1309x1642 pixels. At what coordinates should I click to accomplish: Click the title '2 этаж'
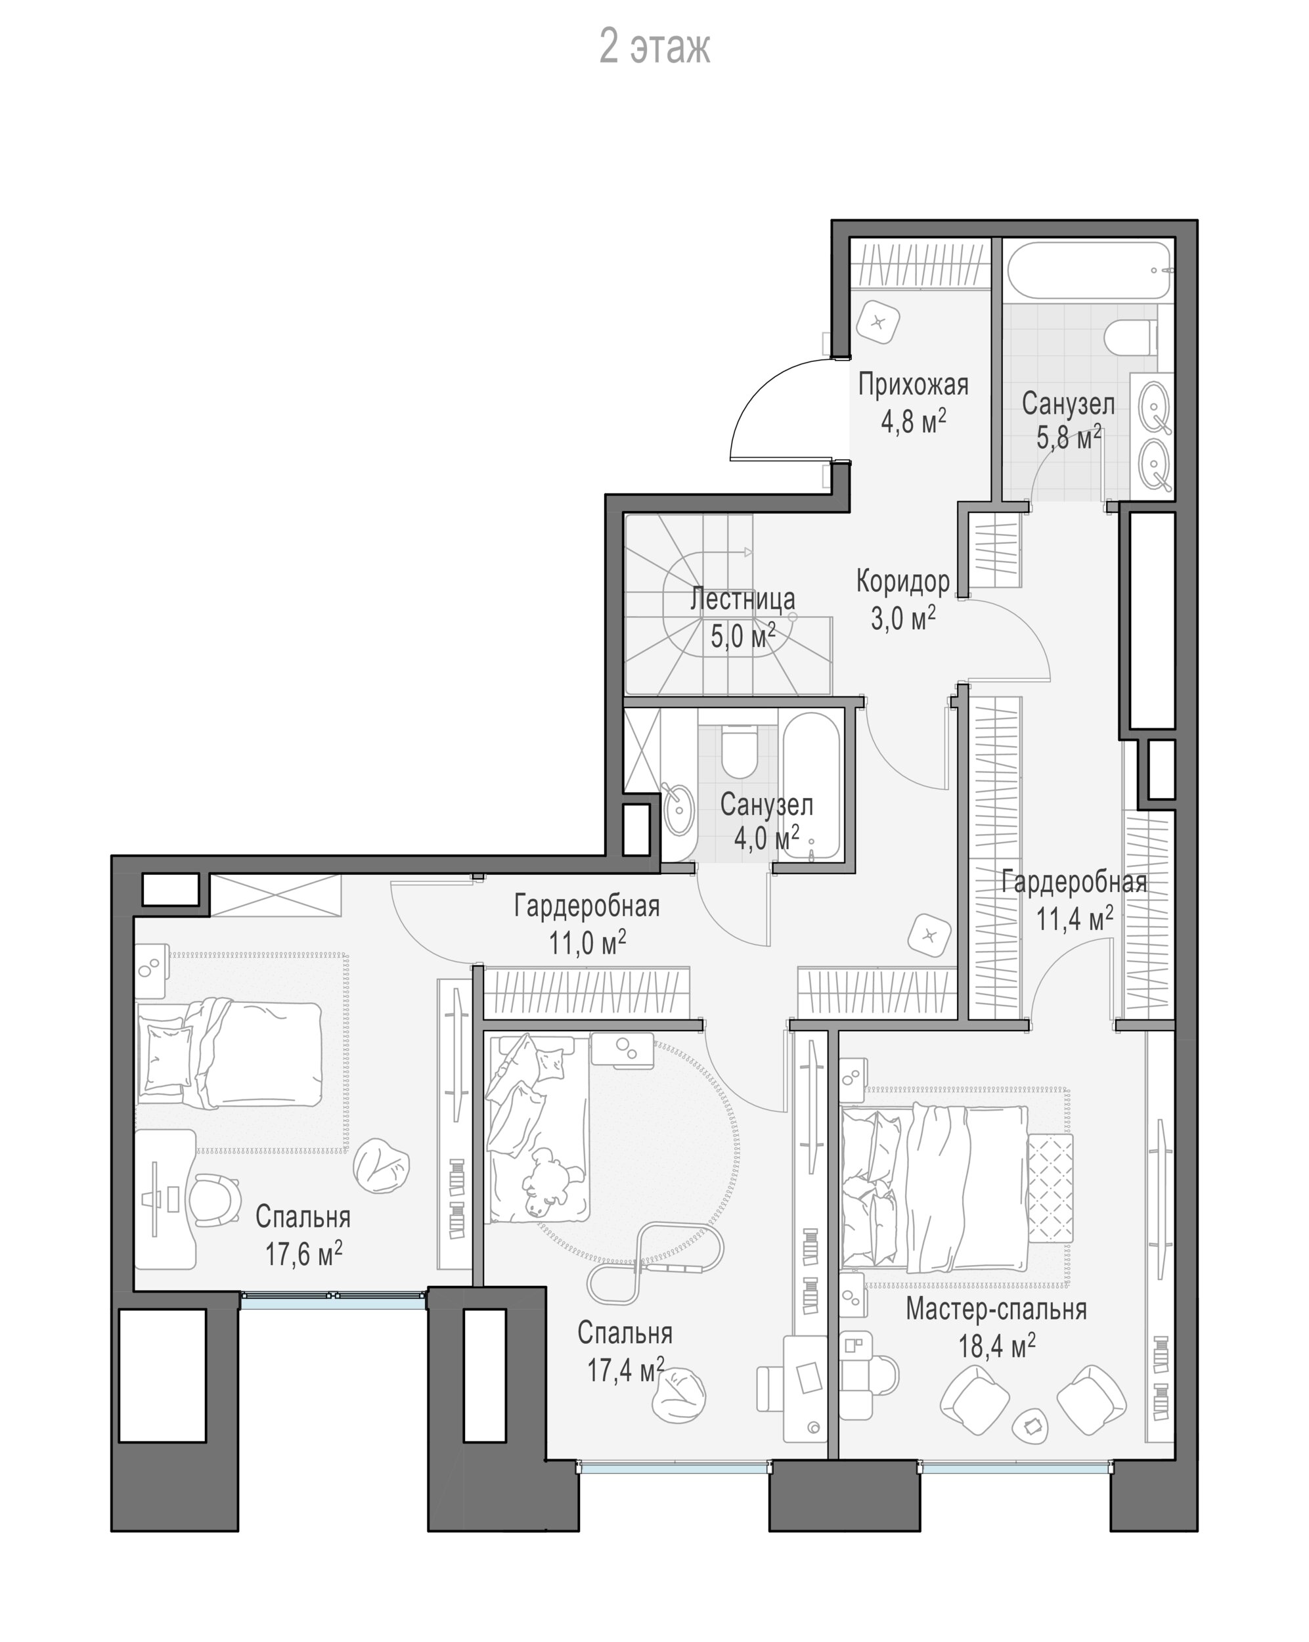(x=655, y=47)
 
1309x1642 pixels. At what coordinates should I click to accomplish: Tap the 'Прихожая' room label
(x=913, y=386)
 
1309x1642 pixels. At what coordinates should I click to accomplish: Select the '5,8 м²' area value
(x=1069, y=437)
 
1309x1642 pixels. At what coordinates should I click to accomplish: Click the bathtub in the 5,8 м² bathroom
(x=1089, y=271)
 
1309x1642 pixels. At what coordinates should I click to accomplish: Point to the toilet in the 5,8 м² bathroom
(x=1132, y=338)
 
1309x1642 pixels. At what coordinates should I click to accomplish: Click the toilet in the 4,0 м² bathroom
(x=739, y=751)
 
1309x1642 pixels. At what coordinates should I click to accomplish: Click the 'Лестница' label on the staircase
(x=742, y=600)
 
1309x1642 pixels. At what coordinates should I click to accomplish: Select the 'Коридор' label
(x=903, y=582)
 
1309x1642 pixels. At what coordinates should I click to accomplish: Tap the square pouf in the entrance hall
(x=879, y=321)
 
